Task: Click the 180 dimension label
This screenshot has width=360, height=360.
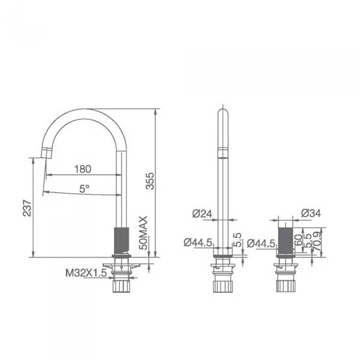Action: click(x=83, y=169)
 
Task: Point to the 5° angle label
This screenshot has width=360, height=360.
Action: click(x=85, y=188)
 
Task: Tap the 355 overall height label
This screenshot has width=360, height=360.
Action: click(x=151, y=181)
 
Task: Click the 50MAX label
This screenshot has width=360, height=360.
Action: click(x=143, y=233)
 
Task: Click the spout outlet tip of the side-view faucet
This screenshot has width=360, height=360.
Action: click(x=45, y=155)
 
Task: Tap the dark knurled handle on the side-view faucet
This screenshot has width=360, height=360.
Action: click(x=121, y=240)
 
